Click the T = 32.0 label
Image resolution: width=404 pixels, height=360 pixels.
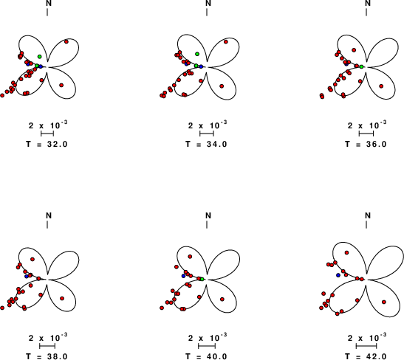coord(47,144)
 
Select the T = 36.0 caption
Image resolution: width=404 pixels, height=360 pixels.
coord(366,144)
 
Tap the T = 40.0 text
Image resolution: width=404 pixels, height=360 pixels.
coord(207,356)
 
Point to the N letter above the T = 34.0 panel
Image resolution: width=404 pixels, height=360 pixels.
coord(208,3)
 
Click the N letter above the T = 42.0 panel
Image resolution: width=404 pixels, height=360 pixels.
coord(368,215)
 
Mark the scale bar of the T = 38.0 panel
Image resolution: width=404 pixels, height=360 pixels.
coord(47,346)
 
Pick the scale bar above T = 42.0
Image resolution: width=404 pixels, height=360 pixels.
coord(366,346)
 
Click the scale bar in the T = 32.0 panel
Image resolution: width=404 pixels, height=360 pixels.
coord(47,134)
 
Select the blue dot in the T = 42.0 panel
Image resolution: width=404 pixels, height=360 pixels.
coord(338,275)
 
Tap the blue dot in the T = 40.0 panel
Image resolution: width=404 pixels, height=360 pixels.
coord(183,276)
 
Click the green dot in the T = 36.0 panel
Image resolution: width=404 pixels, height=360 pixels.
coord(361,66)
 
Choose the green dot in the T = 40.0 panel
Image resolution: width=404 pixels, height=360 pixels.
coord(202,279)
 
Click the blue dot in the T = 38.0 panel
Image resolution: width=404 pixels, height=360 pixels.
coord(27,276)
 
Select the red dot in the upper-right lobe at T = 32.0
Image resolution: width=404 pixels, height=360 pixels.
coord(66,42)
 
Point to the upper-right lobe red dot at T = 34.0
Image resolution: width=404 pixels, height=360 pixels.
coord(226,42)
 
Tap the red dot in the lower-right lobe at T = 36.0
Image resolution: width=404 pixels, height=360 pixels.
coord(381,86)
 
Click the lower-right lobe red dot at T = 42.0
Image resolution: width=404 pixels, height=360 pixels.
coord(384,302)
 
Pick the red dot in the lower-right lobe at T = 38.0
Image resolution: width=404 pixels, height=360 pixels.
coord(62,299)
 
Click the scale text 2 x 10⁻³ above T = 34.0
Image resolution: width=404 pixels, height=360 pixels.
coord(208,125)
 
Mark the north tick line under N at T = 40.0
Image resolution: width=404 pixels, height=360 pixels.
coord(207,225)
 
